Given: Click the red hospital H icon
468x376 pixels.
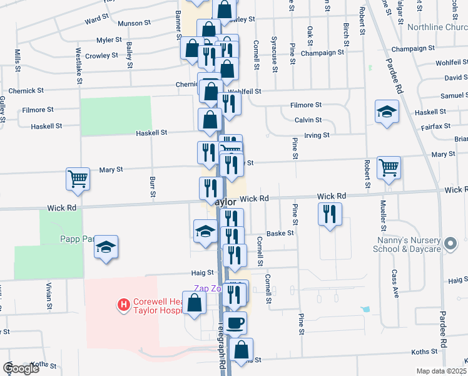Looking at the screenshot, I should click(124, 305).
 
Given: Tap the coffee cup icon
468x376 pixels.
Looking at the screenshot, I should click(235, 323).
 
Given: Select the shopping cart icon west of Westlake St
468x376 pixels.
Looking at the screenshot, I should click(78, 179).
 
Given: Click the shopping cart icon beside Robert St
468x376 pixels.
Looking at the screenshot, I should click(389, 167).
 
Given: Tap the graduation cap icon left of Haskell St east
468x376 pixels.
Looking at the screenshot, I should click(387, 112).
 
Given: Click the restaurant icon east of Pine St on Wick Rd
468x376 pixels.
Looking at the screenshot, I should click(330, 215).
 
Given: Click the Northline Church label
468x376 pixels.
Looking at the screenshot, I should click(437, 27).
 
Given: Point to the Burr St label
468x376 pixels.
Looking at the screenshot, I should click(152, 186).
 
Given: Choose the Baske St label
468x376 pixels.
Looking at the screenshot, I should click(280, 233).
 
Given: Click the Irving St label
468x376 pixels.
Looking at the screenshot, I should click(317, 135).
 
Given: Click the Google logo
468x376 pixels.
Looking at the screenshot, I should click(21, 368).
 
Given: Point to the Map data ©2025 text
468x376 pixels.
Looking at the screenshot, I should click(441, 371).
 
